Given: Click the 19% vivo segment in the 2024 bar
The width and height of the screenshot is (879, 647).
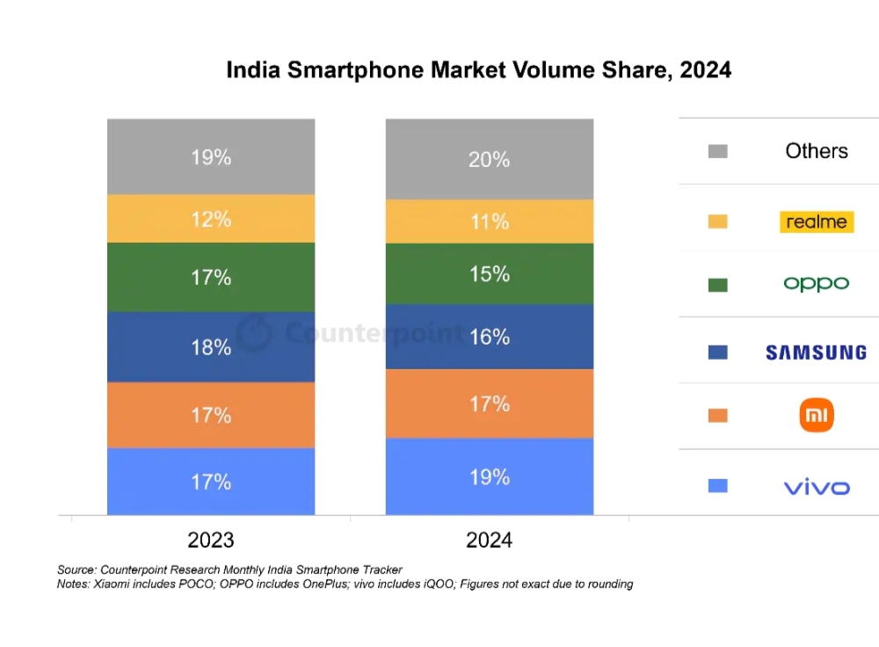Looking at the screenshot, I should pos(490,476).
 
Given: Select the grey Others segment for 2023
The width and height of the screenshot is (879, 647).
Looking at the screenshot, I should pos(211,157).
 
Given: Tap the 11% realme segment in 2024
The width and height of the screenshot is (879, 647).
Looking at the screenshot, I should pos(490,222).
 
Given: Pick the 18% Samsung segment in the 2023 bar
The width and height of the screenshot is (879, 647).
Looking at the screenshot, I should pos(211,347).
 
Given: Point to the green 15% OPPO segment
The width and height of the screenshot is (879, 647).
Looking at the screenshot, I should pos(490,274).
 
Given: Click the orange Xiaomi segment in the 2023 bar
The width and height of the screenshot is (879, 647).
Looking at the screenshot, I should pos(211,415).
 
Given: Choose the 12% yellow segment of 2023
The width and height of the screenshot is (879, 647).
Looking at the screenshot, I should pos(211,219).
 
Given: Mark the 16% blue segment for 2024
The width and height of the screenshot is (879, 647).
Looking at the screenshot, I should pos(490,337).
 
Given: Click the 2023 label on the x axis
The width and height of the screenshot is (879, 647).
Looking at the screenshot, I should pos(211,539).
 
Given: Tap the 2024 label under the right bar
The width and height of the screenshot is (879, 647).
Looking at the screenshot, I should pos(490,539).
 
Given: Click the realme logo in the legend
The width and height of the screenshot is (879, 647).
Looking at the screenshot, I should pos(817,222).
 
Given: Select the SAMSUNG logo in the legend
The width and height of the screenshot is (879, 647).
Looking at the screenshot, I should pos(816,353).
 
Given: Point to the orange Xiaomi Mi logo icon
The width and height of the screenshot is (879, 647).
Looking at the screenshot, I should pos(817,415).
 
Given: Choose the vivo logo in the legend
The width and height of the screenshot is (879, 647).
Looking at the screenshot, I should pos(817,487).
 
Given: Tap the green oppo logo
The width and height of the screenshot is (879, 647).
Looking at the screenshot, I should pos(817,284).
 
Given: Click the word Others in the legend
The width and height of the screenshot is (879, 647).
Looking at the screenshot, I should pos(817,151).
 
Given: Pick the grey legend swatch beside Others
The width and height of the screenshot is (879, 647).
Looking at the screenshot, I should pos(717,151).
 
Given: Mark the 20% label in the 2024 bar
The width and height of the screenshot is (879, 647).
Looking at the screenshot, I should pos(490,159).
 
